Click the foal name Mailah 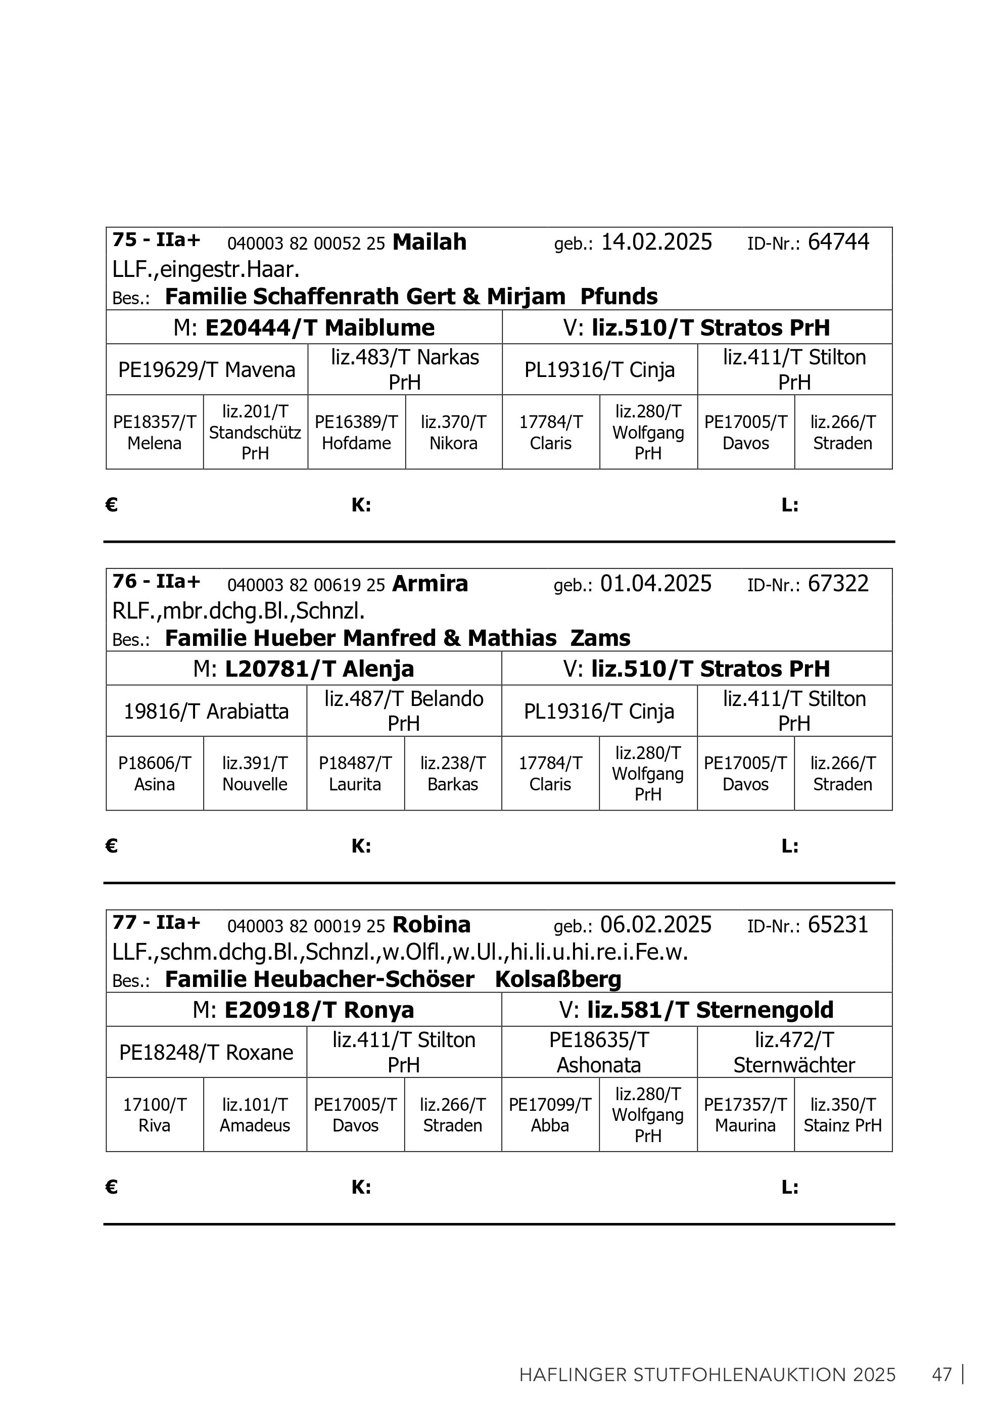tap(430, 242)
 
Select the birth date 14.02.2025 tap(656, 242)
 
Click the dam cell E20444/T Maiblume tap(304, 327)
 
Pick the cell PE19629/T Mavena tap(207, 370)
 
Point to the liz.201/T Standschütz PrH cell tap(255, 432)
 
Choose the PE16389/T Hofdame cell tap(356, 432)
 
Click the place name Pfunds tap(619, 297)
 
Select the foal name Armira tap(430, 584)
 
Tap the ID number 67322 tap(838, 584)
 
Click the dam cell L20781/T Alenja tap(304, 669)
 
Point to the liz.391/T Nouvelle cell tap(255, 773)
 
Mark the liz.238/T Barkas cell tap(453, 773)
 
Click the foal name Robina tap(432, 925)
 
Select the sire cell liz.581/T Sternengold tap(696, 1010)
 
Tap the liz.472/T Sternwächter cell tap(794, 1053)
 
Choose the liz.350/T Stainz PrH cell tap(843, 1115)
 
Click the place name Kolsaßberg tap(558, 979)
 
